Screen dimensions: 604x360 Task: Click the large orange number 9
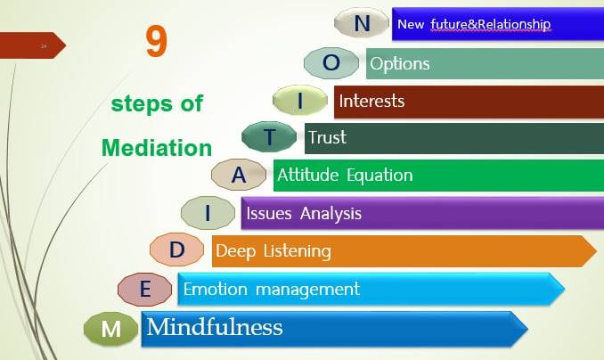157,42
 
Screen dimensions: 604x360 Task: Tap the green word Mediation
157,148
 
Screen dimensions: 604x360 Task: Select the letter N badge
362,23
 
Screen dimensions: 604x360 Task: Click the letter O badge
331,63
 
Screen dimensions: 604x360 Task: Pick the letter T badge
269,136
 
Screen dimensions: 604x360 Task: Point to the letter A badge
239,175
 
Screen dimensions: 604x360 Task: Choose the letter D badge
176,250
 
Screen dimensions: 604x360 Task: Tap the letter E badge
145,289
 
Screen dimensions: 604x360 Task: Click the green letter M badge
111,329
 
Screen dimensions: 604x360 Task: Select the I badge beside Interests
300,100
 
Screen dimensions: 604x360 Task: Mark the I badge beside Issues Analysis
208,213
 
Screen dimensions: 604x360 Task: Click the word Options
400,64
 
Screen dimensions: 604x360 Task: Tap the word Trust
328,137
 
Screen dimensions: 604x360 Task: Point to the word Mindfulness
215,327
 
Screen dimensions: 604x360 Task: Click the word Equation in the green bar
380,176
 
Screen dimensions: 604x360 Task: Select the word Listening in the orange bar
297,251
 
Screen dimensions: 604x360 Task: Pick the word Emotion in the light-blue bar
215,289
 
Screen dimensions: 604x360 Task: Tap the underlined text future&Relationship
491,24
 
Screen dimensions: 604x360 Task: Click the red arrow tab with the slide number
33,45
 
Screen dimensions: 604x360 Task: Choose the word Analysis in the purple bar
331,214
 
